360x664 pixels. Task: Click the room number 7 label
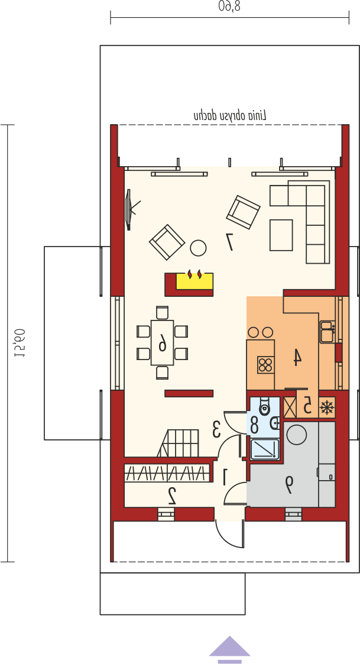click(x=230, y=242)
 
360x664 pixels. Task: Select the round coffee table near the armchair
click(x=198, y=248)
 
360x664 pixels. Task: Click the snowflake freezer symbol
click(x=326, y=408)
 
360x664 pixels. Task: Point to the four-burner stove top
click(x=265, y=365)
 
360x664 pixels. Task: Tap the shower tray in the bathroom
click(x=265, y=449)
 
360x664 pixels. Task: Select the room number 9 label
click(x=289, y=485)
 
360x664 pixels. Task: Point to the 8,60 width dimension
click(x=229, y=6)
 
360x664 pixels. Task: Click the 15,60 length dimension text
click(x=20, y=343)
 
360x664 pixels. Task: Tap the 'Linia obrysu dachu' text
click(x=230, y=115)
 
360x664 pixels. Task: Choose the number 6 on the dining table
click(x=163, y=342)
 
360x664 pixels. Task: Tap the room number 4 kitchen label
click(x=297, y=357)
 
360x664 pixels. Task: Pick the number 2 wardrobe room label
click(x=172, y=495)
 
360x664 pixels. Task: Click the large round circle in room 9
click(x=297, y=434)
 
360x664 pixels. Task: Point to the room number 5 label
click(x=308, y=406)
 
